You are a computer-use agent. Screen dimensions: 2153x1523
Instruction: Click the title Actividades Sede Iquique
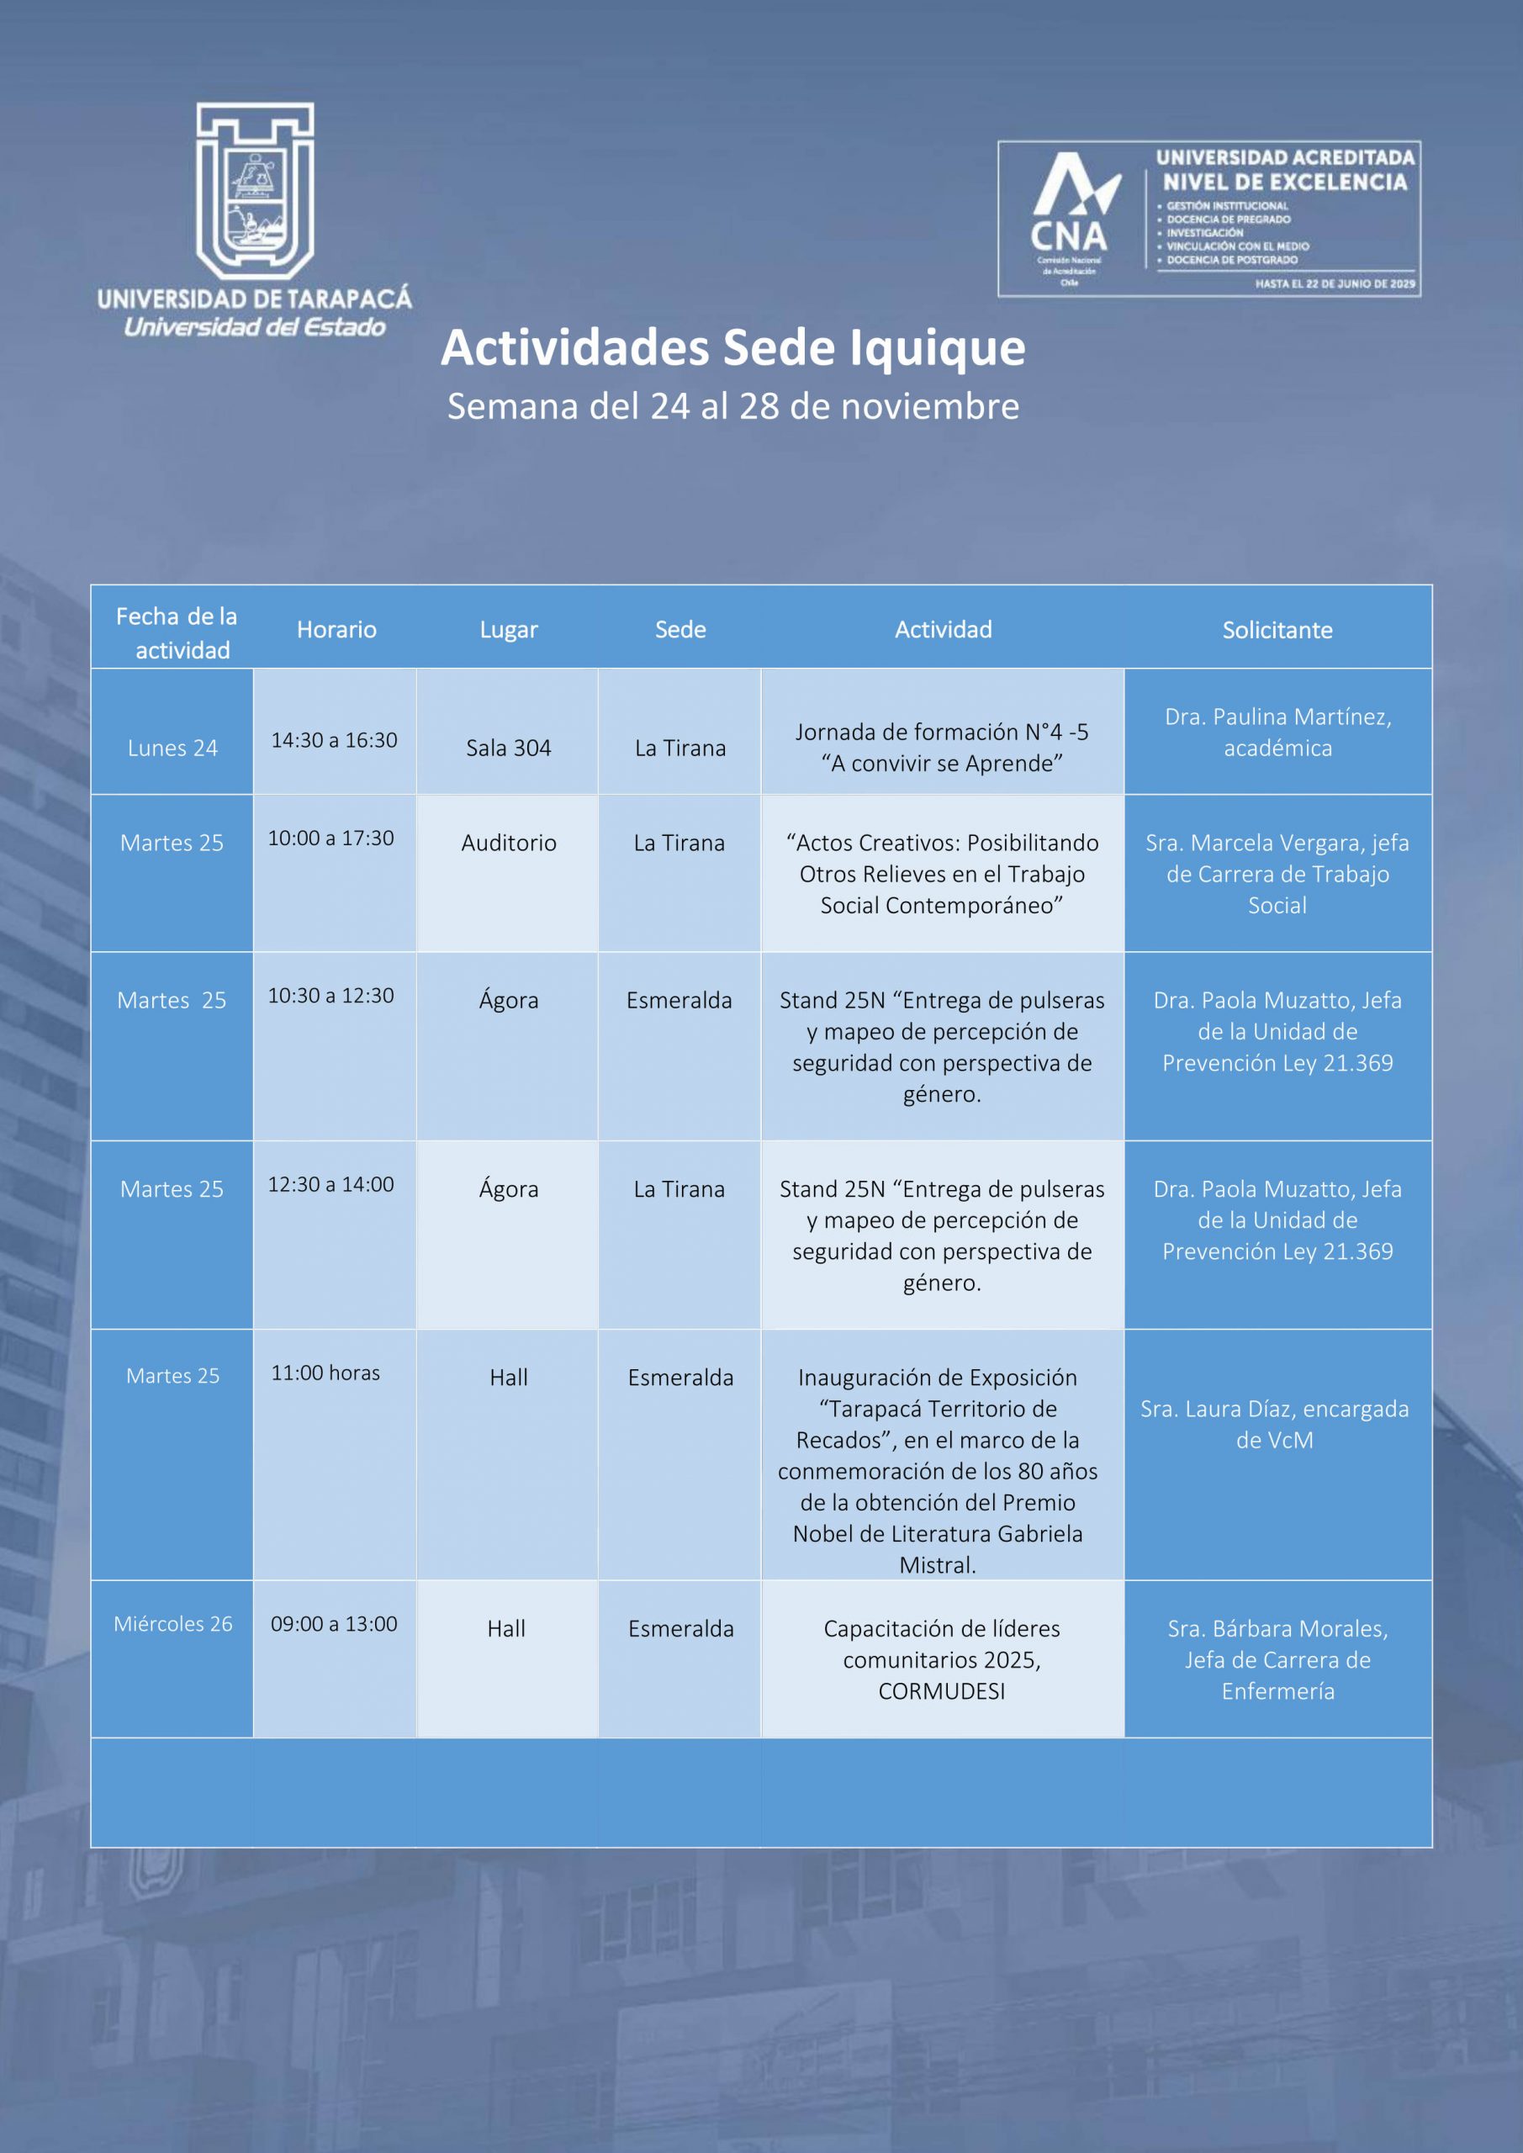(732, 347)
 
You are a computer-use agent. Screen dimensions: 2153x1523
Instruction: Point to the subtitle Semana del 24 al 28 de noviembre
(732, 406)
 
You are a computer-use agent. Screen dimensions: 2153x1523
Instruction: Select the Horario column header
(336, 629)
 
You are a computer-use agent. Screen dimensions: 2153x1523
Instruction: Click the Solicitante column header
(1277, 629)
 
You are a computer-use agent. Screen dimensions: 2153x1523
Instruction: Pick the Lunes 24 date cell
(172, 748)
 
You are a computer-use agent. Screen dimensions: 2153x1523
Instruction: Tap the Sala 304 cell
(508, 748)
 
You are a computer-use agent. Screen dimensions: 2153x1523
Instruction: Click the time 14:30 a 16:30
(334, 740)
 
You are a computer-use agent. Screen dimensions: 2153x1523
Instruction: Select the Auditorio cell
(508, 842)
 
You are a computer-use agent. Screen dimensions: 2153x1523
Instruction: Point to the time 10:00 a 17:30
(331, 838)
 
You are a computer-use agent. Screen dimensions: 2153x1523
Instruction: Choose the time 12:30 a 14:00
(331, 1183)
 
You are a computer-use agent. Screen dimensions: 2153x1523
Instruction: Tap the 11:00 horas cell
(325, 1372)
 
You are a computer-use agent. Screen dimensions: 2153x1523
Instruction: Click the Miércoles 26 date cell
(172, 1623)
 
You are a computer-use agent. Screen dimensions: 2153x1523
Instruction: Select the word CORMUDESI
(942, 1690)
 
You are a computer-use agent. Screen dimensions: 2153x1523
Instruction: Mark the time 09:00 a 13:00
(334, 1623)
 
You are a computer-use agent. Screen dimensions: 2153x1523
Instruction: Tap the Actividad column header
(943, 629)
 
